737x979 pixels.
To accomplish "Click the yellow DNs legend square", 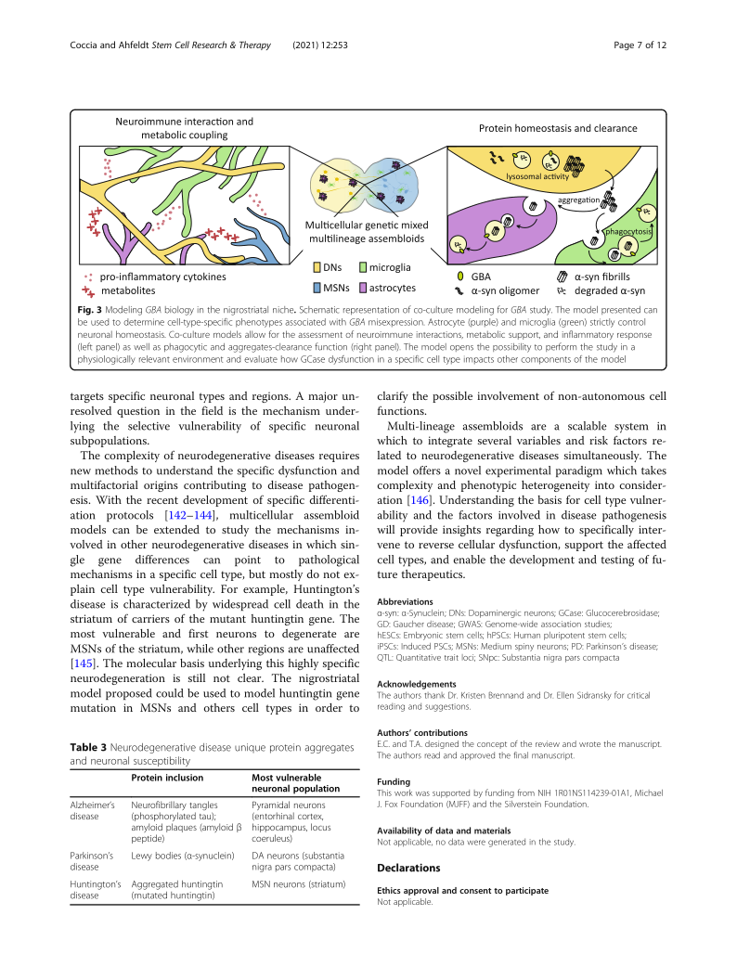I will [x=317, y=269].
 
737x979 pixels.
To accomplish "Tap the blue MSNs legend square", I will [x=317, y=288].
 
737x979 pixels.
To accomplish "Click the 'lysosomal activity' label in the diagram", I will [x=537, y=175].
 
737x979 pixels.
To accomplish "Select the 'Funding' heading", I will [x=394, y=781].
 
